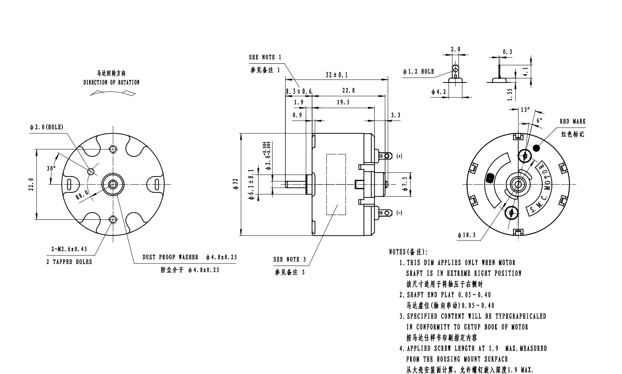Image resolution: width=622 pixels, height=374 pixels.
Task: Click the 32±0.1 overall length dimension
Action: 337,75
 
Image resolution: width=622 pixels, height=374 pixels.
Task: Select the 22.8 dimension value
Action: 348,90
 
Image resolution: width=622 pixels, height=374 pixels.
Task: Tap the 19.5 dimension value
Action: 343,102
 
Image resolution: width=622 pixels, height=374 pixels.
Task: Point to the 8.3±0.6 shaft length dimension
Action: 299,91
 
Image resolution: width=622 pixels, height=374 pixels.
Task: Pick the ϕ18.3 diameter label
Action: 466,235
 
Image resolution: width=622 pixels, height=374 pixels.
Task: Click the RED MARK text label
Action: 572,121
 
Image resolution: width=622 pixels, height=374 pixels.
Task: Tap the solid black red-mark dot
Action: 536,148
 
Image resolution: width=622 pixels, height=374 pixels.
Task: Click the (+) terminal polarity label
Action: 399,156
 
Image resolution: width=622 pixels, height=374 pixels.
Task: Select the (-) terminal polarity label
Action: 399,213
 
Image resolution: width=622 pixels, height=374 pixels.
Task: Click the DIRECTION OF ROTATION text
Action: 111,82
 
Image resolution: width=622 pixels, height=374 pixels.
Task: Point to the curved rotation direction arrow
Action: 113,93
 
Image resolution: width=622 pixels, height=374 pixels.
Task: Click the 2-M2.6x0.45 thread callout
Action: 69,249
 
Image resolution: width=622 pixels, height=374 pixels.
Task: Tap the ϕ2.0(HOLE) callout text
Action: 46,127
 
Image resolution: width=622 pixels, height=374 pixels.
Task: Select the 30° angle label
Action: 51,169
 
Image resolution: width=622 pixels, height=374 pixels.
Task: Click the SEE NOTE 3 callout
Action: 289,259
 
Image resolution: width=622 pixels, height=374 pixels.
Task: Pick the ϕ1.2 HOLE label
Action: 418,71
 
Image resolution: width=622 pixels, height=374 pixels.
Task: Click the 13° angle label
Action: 525,110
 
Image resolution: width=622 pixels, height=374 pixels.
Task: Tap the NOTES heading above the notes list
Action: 408,252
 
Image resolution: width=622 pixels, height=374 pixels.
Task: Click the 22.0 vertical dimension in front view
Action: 31,185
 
